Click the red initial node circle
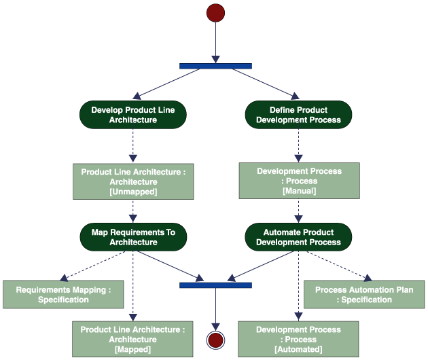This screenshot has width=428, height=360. point(215,13)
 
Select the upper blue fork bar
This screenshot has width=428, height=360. point(215,66)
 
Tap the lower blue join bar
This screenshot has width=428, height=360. point(215,285)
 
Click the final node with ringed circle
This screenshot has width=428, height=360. point(215,340)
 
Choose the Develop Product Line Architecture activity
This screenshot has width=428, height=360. point(133,115)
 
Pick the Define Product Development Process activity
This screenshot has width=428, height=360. point(298,115)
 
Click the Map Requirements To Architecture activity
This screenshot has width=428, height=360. point(133,237)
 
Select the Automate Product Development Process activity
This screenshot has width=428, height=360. point(298,237)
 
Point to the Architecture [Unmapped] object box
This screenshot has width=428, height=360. point(133,181)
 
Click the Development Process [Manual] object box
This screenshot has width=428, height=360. point(298,181)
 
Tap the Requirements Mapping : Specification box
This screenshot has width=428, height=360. point(63,294)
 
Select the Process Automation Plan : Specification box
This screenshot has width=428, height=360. point(363,294)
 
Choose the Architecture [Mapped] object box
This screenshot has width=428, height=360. point(133,339)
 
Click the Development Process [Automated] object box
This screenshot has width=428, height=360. point(298,339)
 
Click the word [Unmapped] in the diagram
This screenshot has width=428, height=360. point(133,192)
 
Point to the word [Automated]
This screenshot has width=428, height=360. point(298,349)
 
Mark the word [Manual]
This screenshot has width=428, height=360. point(298,191)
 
